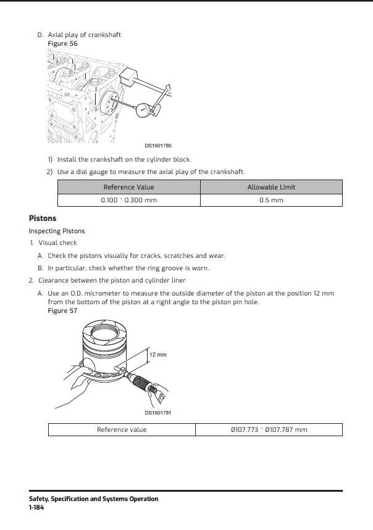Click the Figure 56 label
[63, 44]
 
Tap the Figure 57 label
[63, 310]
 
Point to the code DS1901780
[158, 146]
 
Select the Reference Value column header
[128, 187]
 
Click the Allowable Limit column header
[271, 187]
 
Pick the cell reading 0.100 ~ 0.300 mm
[128, 201]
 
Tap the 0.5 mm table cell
[271, 201]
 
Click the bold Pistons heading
[43, 218]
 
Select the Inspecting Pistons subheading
[57, 231]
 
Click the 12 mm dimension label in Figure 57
[158, 355]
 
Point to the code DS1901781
[158, 413]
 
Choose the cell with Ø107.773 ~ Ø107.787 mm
[268, 429]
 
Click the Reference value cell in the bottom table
[122, 429]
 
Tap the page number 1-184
[36, 507]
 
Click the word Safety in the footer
[38, 499]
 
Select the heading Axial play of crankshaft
[84, 35]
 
